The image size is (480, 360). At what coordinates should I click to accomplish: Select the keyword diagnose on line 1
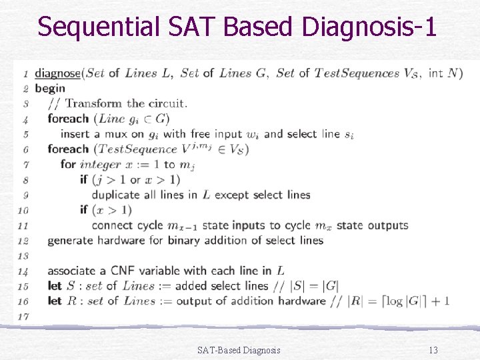[57, 73]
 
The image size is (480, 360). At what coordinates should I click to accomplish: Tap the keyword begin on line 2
[50, 88]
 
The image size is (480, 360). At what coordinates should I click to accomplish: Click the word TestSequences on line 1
[356, 73]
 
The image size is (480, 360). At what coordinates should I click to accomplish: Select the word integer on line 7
[100, 165]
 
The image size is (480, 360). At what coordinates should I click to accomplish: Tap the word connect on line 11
[112, 225]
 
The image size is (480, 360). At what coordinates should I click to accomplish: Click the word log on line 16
[394, 301]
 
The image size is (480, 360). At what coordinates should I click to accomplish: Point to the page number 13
[433, 350]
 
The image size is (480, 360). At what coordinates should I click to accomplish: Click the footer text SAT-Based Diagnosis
[239, 350]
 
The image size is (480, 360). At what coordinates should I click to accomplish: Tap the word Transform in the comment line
[93, 103]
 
